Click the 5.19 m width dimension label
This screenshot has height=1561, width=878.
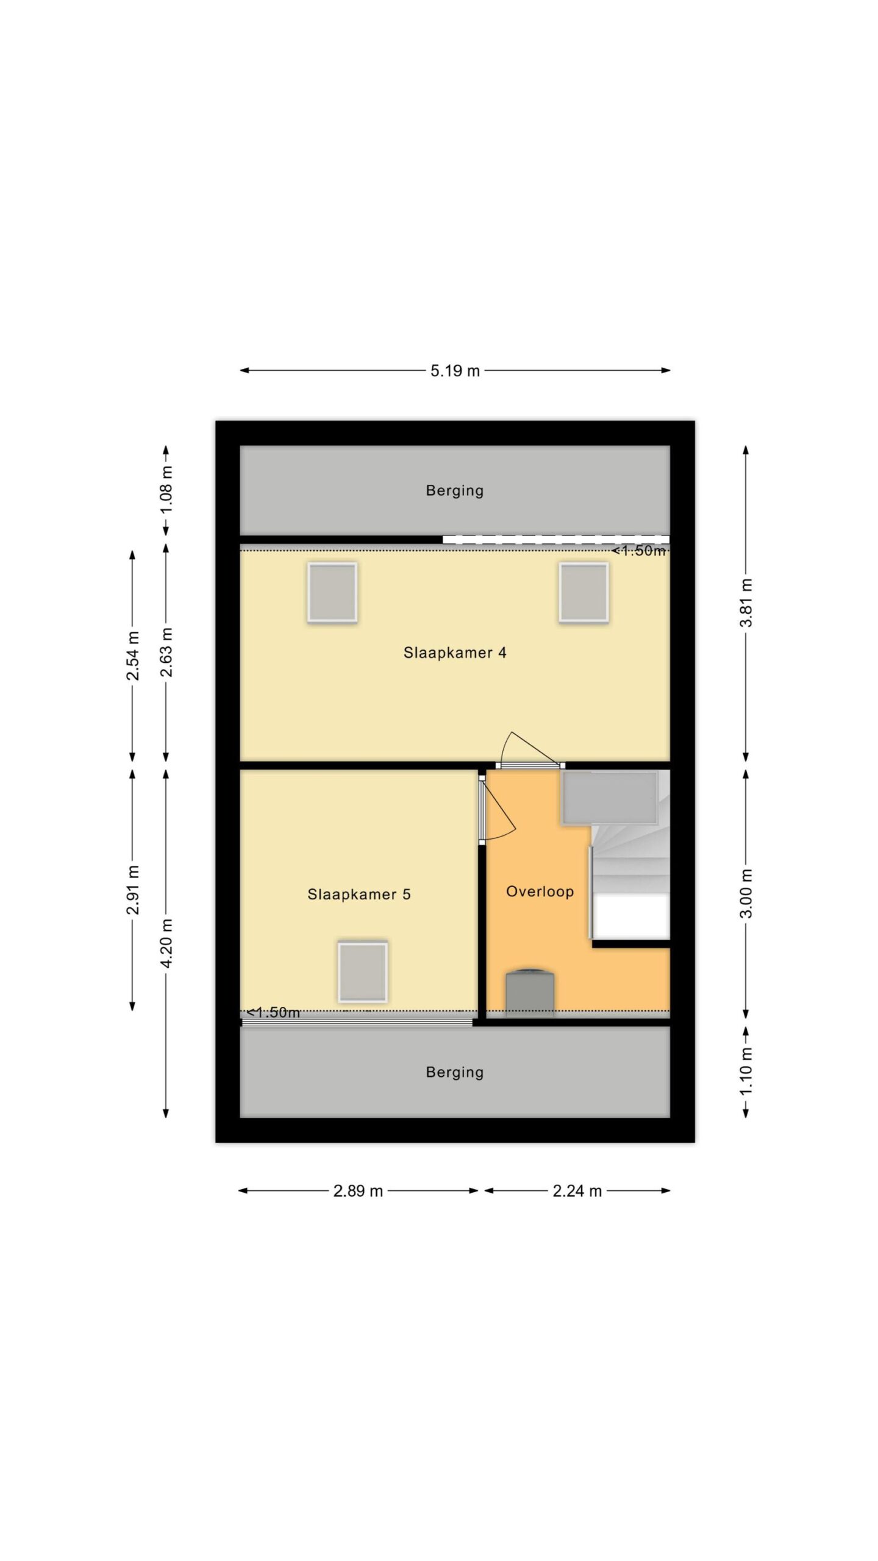(455, 371)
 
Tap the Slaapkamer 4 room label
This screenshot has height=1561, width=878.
(455, 652)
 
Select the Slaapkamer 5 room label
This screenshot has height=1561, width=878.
(359, 894)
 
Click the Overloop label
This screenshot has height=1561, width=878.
(540, 891)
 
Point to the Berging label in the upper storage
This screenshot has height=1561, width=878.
(455, 490)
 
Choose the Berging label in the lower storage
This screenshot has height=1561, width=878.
(455, 1072)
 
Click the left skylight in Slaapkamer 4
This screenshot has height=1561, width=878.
(332, 593)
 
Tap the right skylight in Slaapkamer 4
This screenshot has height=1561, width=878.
(584, 593)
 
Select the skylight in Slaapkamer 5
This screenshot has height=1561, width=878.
(363, 972)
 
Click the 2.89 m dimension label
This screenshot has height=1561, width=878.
(358, 1191)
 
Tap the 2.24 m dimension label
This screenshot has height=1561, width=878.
(577, 1191)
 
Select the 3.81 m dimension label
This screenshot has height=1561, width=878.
(746, 602)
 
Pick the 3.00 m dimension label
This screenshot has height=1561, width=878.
(746, 893)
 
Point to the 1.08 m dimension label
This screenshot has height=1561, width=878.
(166, 490)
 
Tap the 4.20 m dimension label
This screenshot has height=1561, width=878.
(166, 943)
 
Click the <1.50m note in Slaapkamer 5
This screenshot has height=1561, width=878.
(274, 1013)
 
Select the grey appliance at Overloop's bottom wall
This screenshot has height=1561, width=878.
(530, 992)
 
